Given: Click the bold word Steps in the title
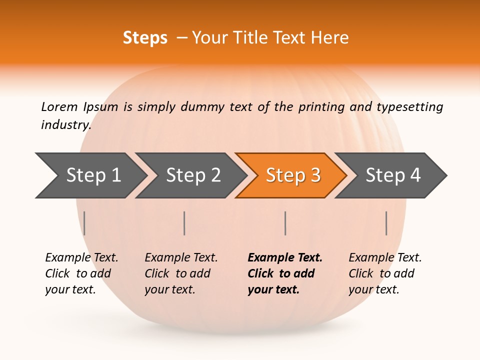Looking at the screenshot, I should tap(145, 38).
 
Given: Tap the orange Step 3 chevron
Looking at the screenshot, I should tap(292, 175).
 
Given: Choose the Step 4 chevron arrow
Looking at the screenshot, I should tap(392, 175).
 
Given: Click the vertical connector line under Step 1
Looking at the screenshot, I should tap(84, 223).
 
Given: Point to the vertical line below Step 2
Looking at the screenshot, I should tap(184, 223).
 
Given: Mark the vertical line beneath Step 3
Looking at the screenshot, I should tap(285, 223).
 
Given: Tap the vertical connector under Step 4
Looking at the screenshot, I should tap(386, 223).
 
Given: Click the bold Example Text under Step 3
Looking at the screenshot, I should tap(285, 258).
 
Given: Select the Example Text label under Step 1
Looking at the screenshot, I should tap(81, 258).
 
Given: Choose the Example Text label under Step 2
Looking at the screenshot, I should tap(181, 258).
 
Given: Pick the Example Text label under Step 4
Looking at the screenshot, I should tap(385, 258).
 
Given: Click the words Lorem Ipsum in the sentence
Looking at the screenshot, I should tap(80, 107).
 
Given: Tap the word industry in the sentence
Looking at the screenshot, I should tap(65, 125).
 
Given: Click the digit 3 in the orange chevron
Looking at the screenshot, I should tap(315, 175).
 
